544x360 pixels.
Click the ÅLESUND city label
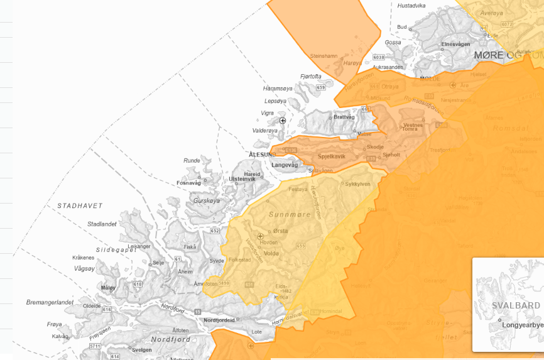(x=262, y=155)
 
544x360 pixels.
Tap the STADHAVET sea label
(x=80, y=206)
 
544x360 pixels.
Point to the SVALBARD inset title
(x=516, y=306)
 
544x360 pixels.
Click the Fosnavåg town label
(x=188, y=183)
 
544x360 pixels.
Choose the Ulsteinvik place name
(x=242, y=179)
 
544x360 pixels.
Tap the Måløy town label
(x=108, y=288)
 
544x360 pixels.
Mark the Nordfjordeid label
(x=219, y=320)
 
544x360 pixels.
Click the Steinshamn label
(x=325, y=56)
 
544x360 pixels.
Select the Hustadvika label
(x=411, y=6)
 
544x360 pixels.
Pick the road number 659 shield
(x=321, y=87)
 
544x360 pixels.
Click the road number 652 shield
(x=215, y=231)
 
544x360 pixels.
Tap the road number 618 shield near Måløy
(x=138, y=285)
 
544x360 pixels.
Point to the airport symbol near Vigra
(x=283, y=120)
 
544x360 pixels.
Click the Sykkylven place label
(x=358, y=184)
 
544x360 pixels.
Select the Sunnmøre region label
(x=290, y=215)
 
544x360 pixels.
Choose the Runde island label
(x=192, y=161)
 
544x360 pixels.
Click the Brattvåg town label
(x=344, y=117)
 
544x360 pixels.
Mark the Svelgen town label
(x=142, y=350)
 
